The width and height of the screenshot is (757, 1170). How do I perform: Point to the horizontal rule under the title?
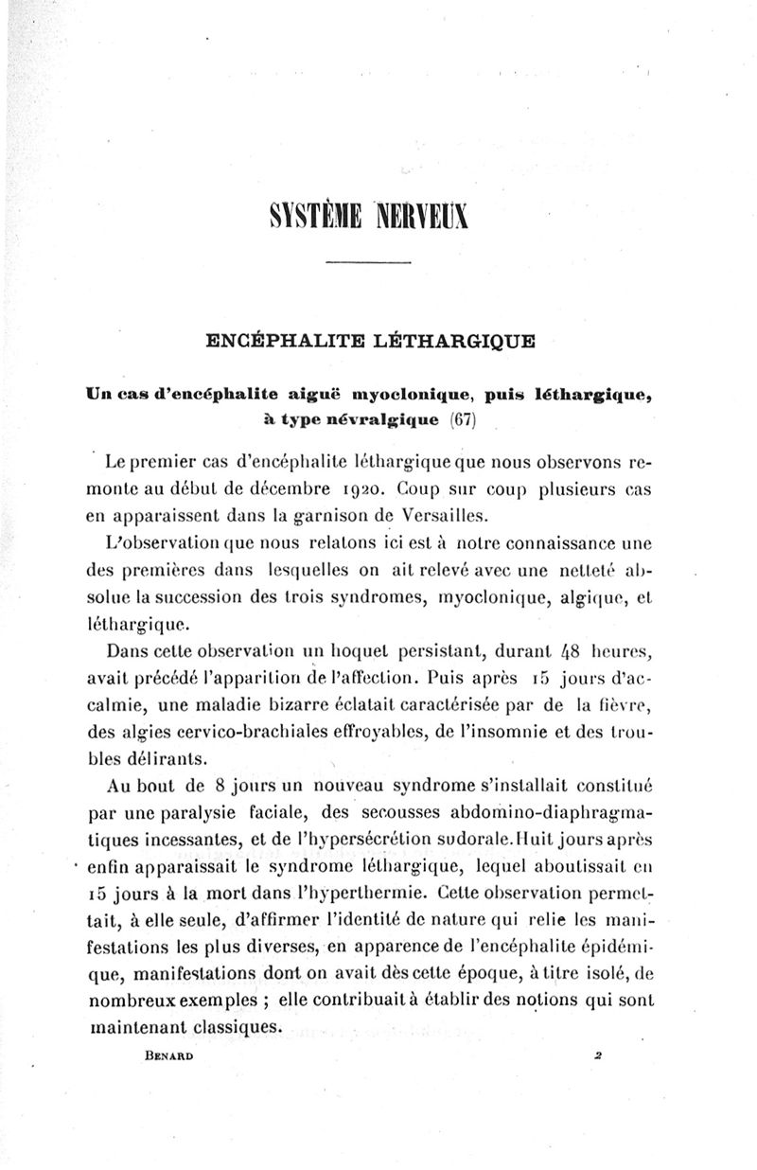(369, 261)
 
